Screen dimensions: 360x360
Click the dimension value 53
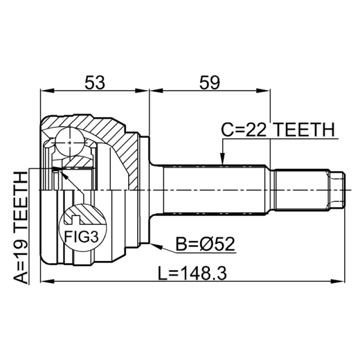click(x=95, y=82)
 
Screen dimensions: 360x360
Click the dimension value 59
click(x=210, y=82)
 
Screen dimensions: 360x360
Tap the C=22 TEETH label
click(x=278, y=130)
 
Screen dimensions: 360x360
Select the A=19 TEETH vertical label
click(x=21, y=226)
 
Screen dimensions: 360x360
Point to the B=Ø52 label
click(x=205, y=244)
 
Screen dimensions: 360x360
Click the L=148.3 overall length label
click(x=193, y=273)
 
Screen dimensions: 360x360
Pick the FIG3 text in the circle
click(x=81, y=237)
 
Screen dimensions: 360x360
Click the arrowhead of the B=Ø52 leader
click(x=156, y=246)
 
